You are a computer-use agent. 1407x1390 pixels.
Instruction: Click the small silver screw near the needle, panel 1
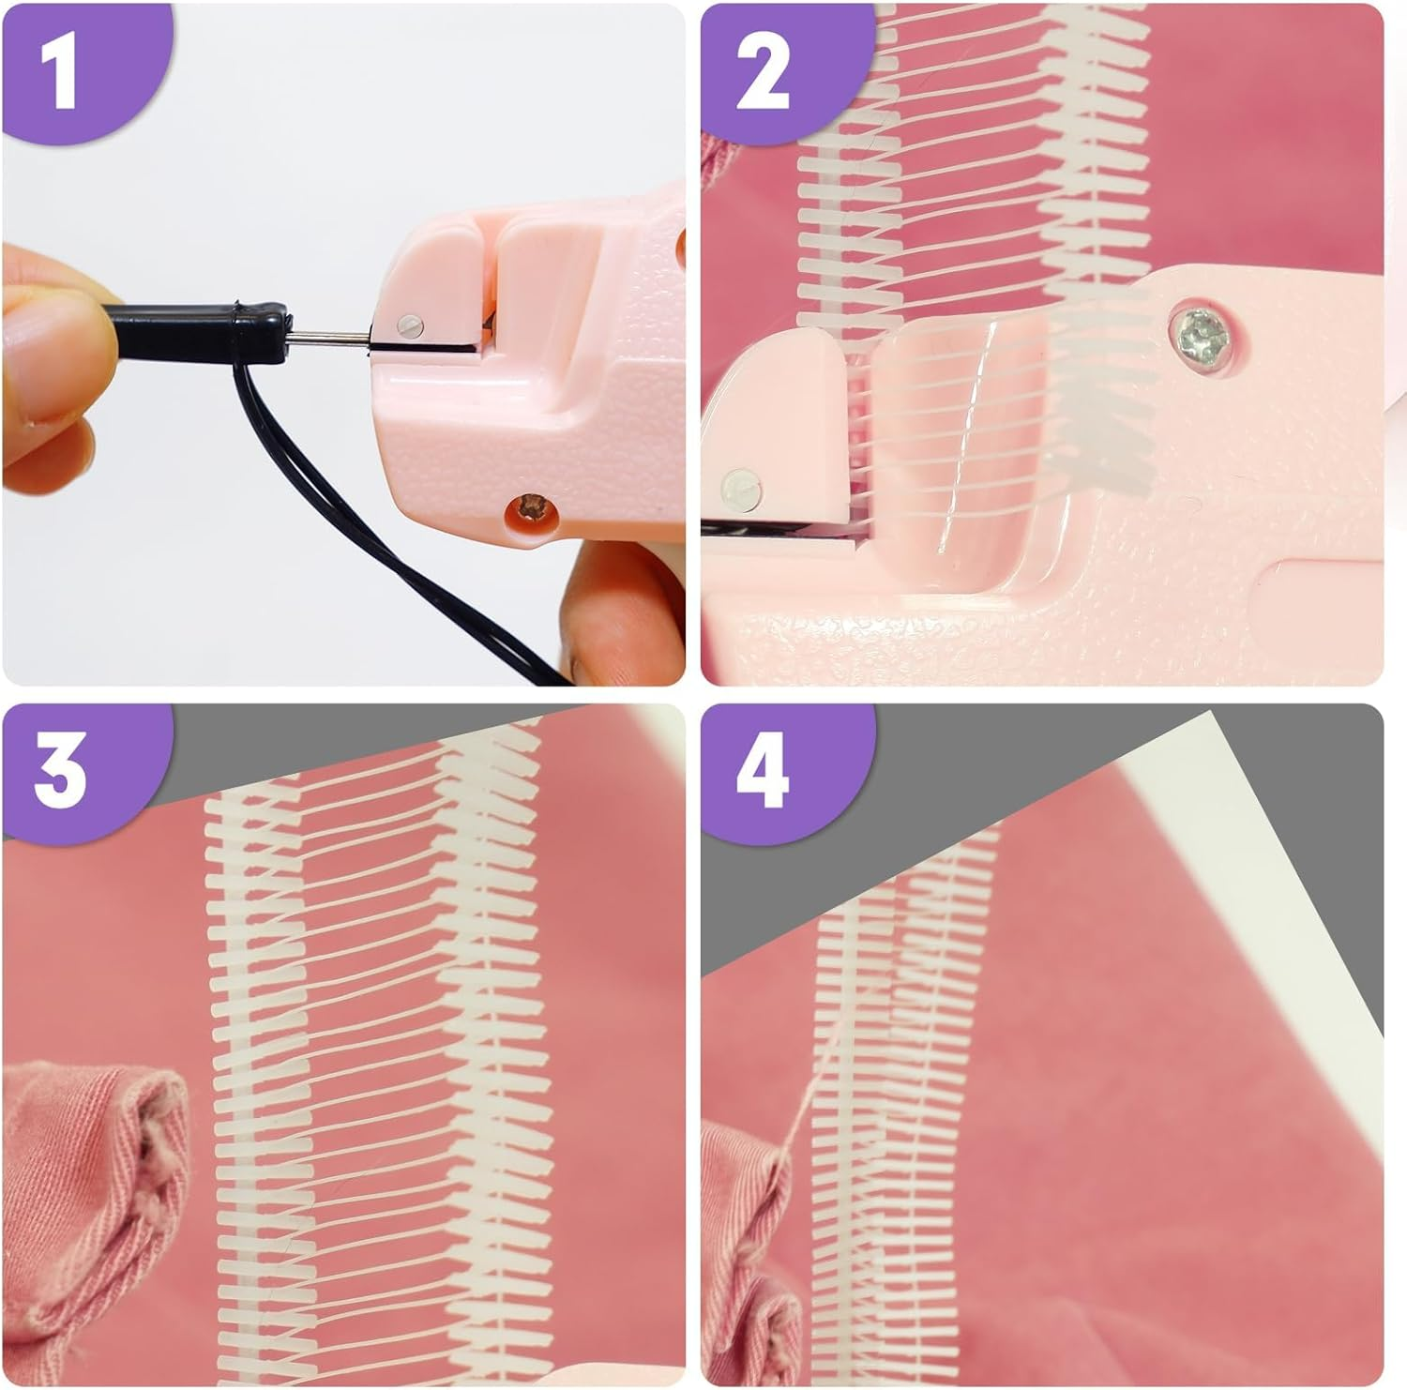[x=410, y=325]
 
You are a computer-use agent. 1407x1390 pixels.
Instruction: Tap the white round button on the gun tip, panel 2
[x=740, y=486]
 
